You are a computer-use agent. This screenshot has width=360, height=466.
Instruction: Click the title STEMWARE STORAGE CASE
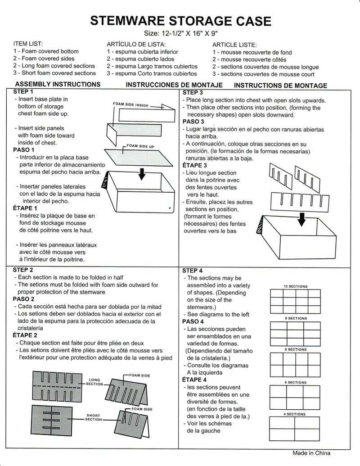180,21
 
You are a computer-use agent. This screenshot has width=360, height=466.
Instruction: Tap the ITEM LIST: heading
28,44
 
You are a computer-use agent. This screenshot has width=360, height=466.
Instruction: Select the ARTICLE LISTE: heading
234,45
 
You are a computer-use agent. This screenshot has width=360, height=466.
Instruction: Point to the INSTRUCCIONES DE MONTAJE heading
174,85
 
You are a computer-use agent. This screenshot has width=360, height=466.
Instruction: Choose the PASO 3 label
193,122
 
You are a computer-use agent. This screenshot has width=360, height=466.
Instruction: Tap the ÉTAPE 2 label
25,335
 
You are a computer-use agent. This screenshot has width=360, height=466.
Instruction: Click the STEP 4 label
193,271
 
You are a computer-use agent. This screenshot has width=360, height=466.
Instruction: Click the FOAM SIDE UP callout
140,146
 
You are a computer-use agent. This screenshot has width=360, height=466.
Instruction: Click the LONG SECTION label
94,382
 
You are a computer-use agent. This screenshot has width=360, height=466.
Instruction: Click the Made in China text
311,453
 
